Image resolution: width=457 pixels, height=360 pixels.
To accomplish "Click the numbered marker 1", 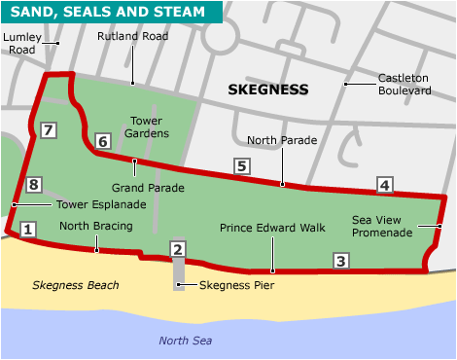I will coord(27,230).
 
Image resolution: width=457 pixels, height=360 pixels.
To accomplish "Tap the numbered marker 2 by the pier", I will coord(177,250).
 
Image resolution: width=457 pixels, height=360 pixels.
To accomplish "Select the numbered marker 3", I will coord(340,261).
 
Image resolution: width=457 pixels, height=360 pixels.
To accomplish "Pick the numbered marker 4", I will coord(385,185).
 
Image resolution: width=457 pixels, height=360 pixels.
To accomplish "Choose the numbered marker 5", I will coord(240,166).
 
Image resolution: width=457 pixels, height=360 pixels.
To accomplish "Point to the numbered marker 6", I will coord(102,142).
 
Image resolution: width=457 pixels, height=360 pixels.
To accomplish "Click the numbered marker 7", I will coord(49,129).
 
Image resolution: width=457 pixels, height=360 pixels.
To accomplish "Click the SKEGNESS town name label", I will coord(267,90).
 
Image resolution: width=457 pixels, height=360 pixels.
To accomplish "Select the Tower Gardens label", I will coord(149,127).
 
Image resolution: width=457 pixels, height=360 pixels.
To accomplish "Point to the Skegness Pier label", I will coord(236,286).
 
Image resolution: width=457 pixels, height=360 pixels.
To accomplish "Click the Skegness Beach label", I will coord(75,285).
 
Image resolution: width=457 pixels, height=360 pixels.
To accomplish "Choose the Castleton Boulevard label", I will coord(404,84).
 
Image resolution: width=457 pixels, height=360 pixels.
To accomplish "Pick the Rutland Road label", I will coord(132,36).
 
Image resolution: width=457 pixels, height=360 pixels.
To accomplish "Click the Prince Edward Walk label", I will coord(271,228).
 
